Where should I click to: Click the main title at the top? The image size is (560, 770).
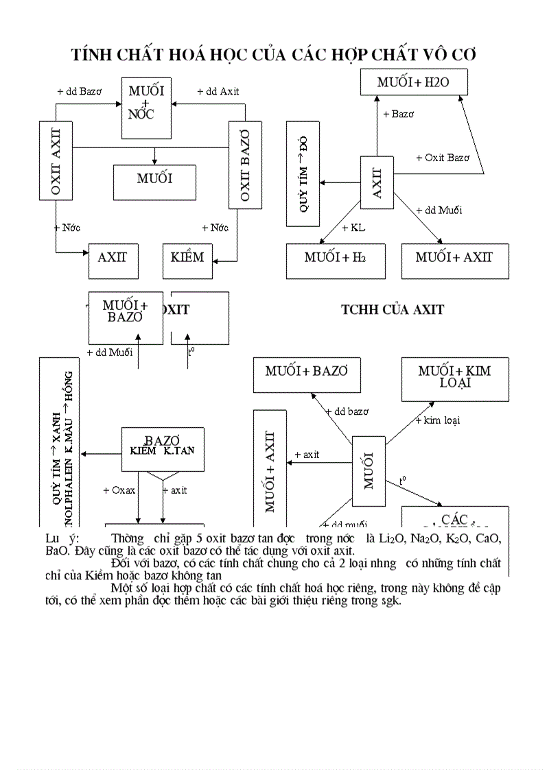(274, 55)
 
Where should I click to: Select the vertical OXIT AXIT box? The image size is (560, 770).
(56, 162)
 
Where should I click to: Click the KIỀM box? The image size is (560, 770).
(187, 258)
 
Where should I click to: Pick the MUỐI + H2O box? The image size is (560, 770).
(415, 83)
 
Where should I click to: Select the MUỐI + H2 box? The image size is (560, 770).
(335, 258)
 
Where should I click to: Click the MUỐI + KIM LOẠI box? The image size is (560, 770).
(454, 376)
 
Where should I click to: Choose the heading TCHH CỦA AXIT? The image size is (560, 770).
(392, 310)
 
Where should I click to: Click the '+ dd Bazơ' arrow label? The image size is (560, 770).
(79, 91)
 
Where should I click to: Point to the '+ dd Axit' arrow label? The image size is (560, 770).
(218, 91)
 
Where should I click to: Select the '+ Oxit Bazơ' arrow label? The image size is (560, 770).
(443, 158)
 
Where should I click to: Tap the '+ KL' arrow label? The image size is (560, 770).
(353, 228)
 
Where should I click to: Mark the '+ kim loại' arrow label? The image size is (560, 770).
(437, 420)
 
